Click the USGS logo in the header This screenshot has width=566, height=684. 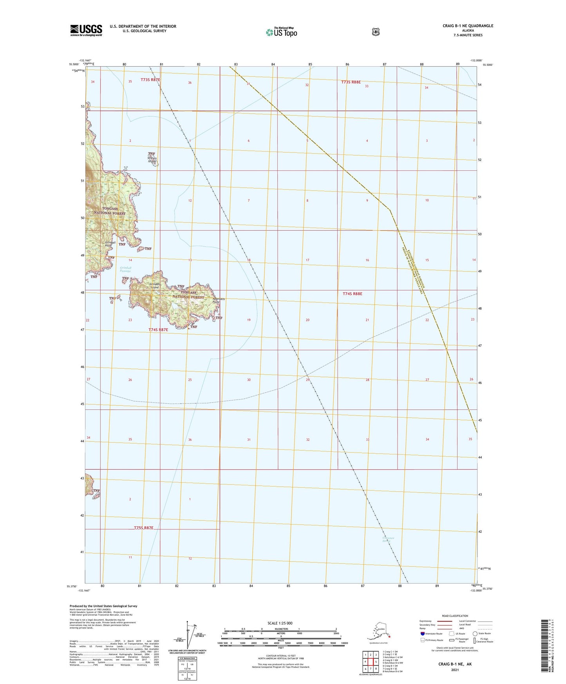[86, 30]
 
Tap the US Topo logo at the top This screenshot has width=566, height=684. [281, 32]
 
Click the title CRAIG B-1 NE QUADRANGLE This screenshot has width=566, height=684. [468, 26]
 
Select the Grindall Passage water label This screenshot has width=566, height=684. [125, 270]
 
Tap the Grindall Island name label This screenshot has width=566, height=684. [155, 286]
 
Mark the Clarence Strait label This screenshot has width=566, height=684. [388, 539]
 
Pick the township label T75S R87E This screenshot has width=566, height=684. [143, 528]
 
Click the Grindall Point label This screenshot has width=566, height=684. [110, 244]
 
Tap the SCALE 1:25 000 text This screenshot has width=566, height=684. [280, 623]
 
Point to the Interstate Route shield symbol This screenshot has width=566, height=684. [422, 633]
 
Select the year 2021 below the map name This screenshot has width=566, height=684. [455, 670]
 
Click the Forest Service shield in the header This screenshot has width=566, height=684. [376, 32]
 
